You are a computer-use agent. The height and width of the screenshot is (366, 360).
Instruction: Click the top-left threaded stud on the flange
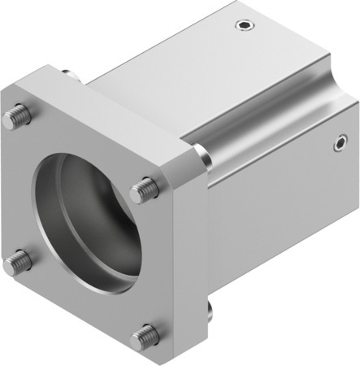(x=14, y=119)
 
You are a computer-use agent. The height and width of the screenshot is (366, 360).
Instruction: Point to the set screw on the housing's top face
(x=241, y=25)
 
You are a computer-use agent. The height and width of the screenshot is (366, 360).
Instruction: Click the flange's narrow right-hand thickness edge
(x=196, y=260)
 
